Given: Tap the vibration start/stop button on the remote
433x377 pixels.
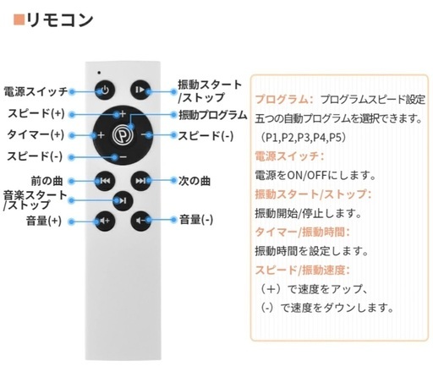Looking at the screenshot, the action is pyautogui.click(x=140, y=90).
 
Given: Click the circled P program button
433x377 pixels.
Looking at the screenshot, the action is pyautogui.click(x=123, y=135).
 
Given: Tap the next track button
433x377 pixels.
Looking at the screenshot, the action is pyautogui.click(x=140, y=181).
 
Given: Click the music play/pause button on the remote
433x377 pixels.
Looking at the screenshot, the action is pyautogui.click(x=123, y=200).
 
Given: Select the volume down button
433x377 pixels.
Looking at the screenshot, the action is pyautogui.click(x=140, y=221).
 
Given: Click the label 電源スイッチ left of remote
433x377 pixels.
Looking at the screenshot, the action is pyautogui.click(x=36, y=91).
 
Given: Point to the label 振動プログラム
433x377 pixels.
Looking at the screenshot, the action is pyautogui.click(x=213, y=115).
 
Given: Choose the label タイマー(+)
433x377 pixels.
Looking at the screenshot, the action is pyautogui.click(x=36, y=134).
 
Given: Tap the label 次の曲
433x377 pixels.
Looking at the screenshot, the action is pyautogui.click(x=195, y=181).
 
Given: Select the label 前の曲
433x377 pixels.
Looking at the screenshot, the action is pyautogui.click(x=47, y=181).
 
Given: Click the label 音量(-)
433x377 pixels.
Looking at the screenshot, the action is pyautogui.click(x=196, y=220).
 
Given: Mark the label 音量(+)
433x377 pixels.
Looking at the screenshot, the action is pyautogui.click(x=44, y=221).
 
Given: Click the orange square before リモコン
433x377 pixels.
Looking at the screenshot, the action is pyautogui.click(x=19, y=19).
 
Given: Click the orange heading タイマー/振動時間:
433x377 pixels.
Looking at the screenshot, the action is pyautogui.click(x=302, y=232).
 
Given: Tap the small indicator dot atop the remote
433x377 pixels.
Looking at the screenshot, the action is pyautogui.click(x=99, y=73).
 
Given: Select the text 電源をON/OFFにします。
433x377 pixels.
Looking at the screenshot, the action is pyautogui.click(x=315, y=176).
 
